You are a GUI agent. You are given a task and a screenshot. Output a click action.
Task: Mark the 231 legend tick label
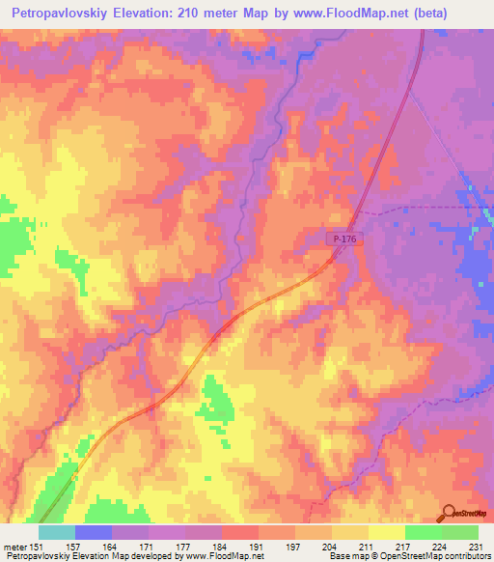(x=478, y=546)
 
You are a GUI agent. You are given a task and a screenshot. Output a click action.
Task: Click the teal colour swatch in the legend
(x=56, y=532)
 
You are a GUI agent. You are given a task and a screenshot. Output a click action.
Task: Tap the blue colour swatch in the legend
(x=93, y=532)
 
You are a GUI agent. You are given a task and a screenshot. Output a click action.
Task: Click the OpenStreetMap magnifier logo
(x=447, y=513)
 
